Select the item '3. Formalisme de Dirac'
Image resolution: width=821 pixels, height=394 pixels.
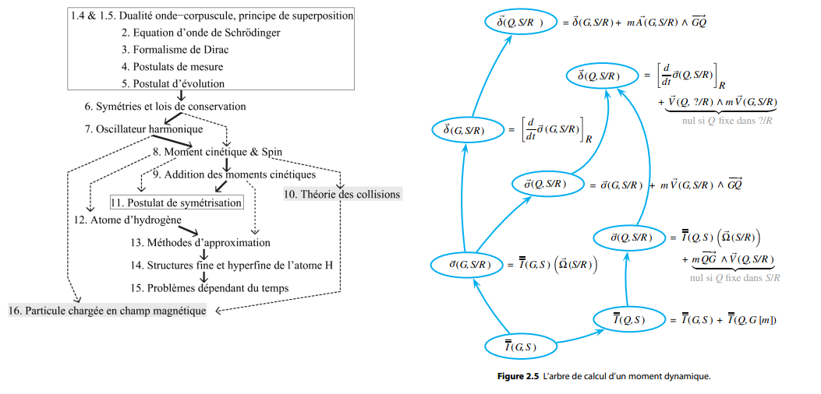pos(175,50)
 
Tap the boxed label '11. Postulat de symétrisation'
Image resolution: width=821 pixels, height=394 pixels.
pos(176,202)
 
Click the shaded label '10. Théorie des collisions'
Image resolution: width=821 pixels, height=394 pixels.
pos(343,194)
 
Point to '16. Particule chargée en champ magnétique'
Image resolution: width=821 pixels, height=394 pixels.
pos(108,311)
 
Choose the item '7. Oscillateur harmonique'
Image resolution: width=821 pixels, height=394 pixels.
pos(144,128)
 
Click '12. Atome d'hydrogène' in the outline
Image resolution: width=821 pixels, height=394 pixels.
pos(128,220)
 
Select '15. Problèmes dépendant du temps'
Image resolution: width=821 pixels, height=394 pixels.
pos(210,287)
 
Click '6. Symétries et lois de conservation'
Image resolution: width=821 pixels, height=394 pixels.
pos(165,106)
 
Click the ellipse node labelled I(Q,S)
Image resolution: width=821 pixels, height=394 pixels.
pos(628,319)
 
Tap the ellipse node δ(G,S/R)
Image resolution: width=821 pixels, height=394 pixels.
pos(464,130)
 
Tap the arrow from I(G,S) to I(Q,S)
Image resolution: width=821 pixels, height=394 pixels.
pos(573,336)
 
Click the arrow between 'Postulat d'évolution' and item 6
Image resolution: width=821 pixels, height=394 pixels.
pos(181,96)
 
